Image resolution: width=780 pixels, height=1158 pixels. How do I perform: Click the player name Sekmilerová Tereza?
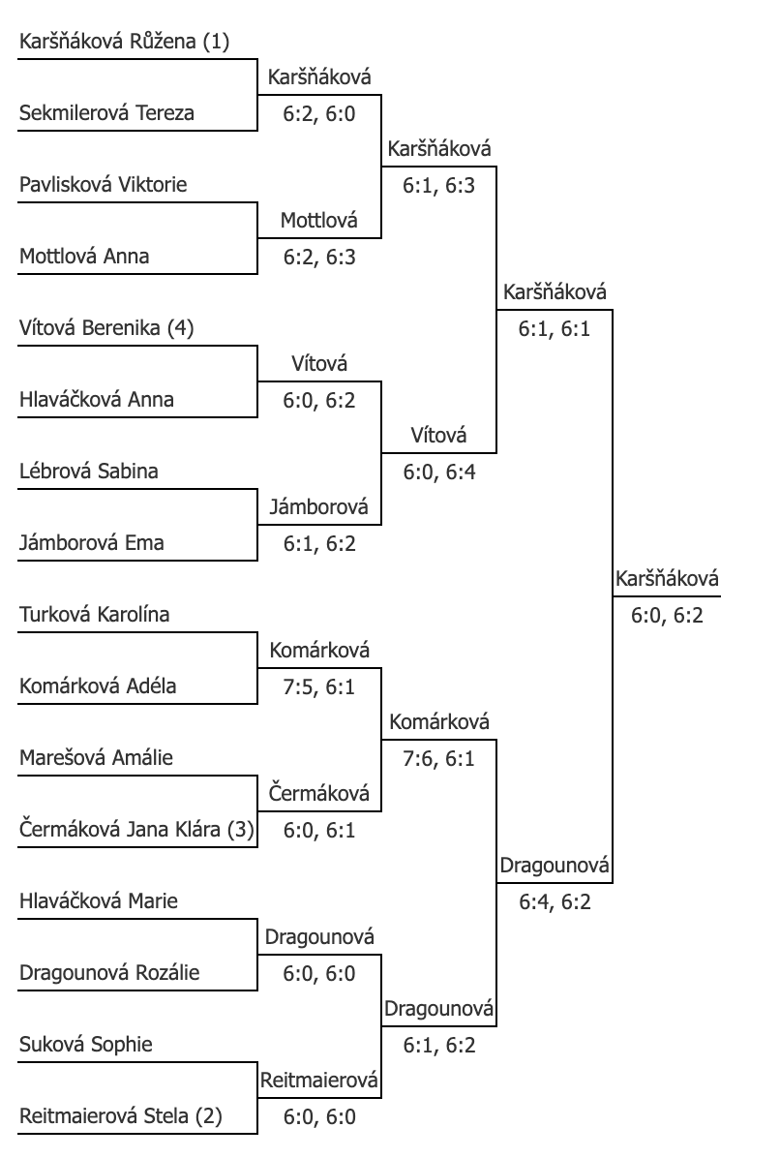tap(107, 113)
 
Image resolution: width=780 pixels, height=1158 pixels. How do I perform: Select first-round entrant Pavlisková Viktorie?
tap(104, 184)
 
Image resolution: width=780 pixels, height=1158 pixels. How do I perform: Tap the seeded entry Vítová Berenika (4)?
tap(106, 327)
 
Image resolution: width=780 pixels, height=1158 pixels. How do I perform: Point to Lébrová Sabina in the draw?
tap(89, 472)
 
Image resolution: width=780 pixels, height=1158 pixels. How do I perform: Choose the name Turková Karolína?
tap(95, 615)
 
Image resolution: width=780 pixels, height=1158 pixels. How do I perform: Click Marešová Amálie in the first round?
tap(96, 758)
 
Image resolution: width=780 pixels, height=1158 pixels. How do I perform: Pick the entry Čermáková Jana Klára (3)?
tap(136, 830)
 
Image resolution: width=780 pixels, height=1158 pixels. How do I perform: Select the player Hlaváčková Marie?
tap(98, 901)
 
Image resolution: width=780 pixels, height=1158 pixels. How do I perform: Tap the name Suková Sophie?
tap(85, 1045)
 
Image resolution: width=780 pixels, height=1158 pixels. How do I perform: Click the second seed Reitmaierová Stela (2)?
tap(120, 1116)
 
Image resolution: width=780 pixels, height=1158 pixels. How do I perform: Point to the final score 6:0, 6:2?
tap(667, 615)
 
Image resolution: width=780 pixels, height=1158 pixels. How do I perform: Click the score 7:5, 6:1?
tap(319, 687)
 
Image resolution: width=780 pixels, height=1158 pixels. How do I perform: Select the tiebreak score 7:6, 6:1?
tap(439, 759)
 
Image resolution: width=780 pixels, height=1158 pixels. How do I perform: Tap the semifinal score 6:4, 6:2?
tap(555, 902)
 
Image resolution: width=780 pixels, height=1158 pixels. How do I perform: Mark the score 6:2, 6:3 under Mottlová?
tap(319, 257)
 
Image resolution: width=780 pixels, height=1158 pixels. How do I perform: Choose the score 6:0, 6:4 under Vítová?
tap(439, 472)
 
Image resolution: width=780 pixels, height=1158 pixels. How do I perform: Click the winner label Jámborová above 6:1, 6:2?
tap(318, 506)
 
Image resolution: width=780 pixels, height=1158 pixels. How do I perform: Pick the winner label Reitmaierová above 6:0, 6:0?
tap(318, 1081)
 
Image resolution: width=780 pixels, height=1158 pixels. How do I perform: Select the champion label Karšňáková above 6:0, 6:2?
tap(667, 579)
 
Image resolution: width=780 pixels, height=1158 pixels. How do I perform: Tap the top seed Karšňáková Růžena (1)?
tap(124, 42)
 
